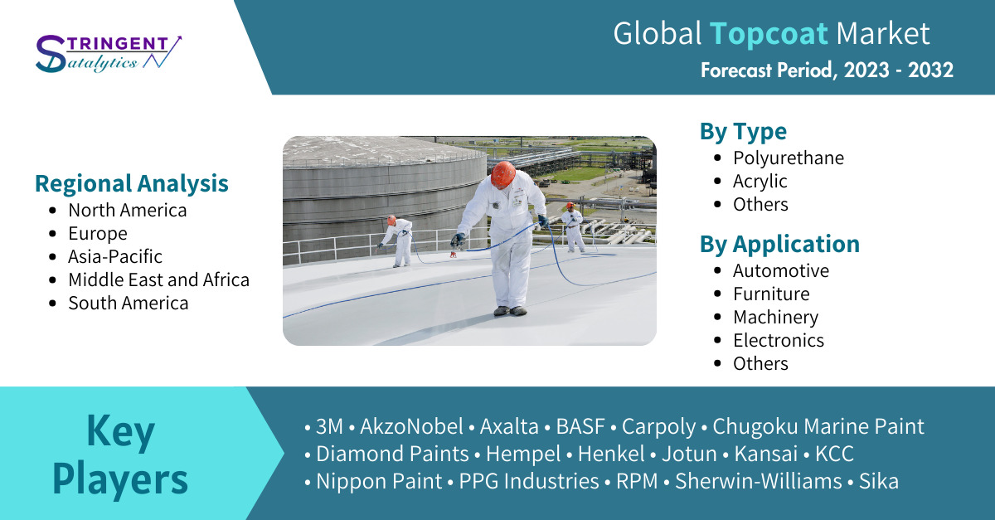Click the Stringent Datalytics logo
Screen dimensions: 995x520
pos(109,54)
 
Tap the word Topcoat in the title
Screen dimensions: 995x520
pos(769,33)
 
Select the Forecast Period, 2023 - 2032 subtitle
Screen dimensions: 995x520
pos(827,70)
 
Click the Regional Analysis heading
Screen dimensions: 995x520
pos(132,183)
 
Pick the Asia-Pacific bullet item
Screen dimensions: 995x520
pos(115,256)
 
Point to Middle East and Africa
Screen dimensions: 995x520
pos(158,280)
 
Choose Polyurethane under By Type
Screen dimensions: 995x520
pos(789,158)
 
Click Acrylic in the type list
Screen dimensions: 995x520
pos(760,182)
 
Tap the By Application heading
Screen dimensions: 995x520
pos(779,244)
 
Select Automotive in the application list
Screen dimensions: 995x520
pos(781,270)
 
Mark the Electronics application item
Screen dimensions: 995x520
pos(779,340)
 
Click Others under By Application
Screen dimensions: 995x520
pos(760,363)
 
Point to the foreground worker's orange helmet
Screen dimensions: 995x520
pos(503,174)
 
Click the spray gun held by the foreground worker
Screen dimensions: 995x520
pos(456,244)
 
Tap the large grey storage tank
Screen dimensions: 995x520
pos(384,196)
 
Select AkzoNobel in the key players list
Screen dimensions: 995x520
pos(411,426)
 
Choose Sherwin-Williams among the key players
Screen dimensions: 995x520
pos(758,481)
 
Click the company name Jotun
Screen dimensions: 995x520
pos(689,454)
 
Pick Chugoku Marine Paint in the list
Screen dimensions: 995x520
pos(818,426)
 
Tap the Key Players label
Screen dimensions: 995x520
pos(120,454)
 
